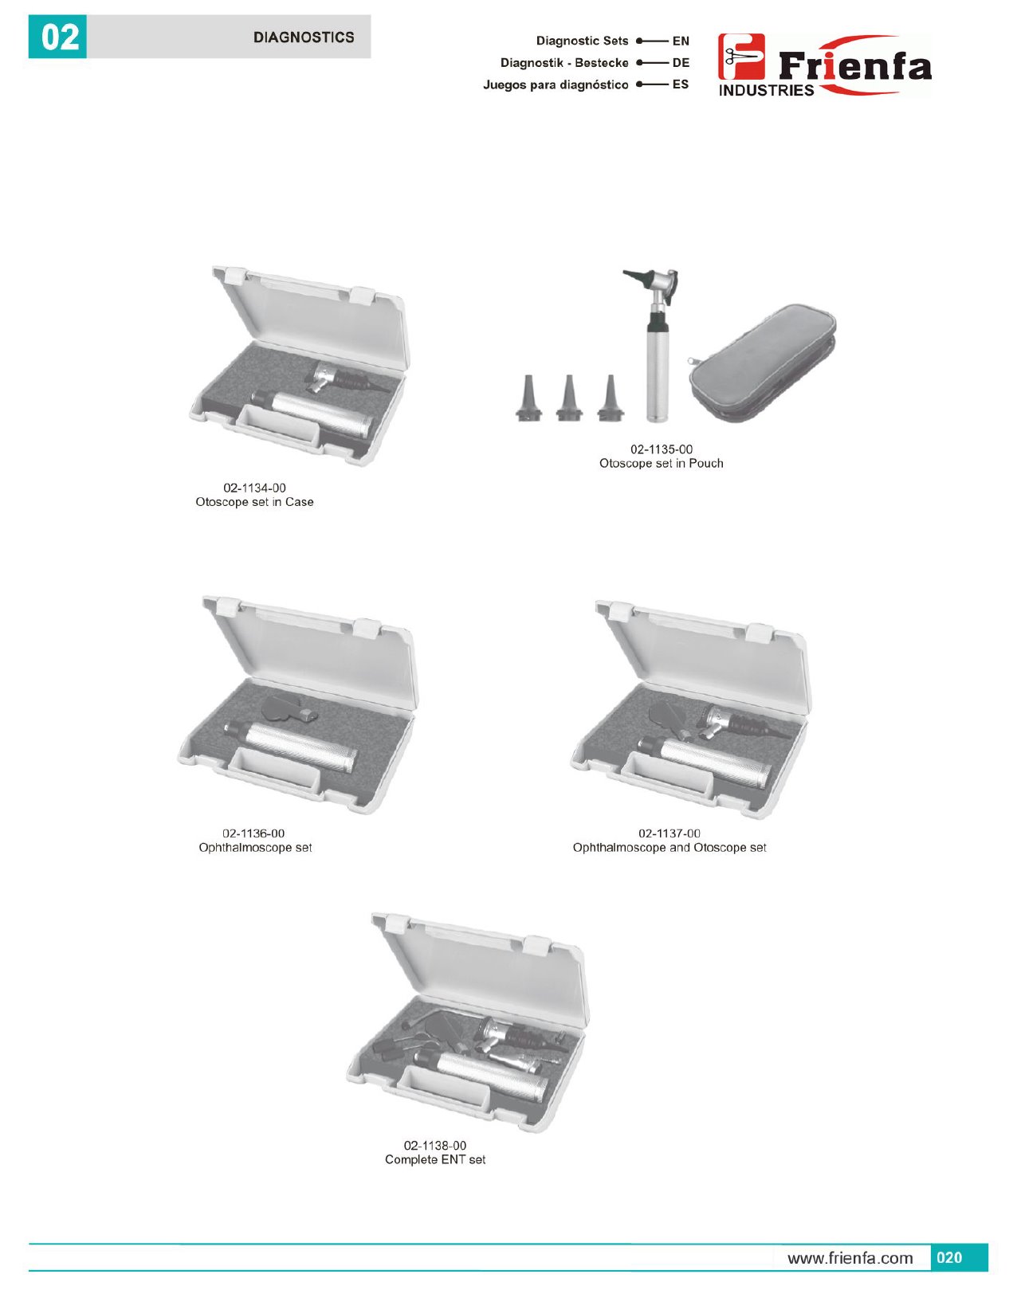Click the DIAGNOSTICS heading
(304, 37)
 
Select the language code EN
(681, 41)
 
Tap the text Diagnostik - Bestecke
(564, 63)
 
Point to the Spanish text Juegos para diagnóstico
(556, 84)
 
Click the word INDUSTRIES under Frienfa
(766, 90)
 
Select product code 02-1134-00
(254, 488)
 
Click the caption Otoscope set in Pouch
(661, 463)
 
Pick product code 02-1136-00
(253, 833)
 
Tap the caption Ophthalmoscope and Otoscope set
(669, 848)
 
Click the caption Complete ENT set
(435, 1159)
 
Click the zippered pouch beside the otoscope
(763, 363)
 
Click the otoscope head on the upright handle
(653, 285)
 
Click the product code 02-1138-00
(435, 1146)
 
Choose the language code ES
(681, 84)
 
